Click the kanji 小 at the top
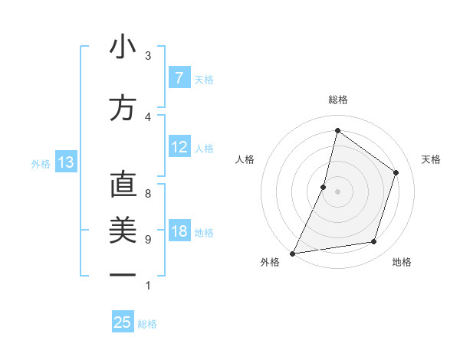tap(123, 48)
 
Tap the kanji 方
tap(123, 108)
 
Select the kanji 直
tap(123, 185)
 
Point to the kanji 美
tap(123, 230)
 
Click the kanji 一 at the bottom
tap(123, 274)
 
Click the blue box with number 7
tap(179, 78)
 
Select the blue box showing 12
tap(179, 147)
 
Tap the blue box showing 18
tap(179, 232)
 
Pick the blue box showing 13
tap(65, 162)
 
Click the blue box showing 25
tap(123, 322)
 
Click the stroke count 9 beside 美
tap(148, 240)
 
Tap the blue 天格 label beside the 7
tap(204, 79)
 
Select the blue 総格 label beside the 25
tap(147, 324)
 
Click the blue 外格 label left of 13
tap(40, 163)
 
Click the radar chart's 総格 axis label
tap(338, 100)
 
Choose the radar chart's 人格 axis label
tap(245, 159)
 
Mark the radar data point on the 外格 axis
tap(293, 254)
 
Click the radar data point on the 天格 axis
tap(396, 172)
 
